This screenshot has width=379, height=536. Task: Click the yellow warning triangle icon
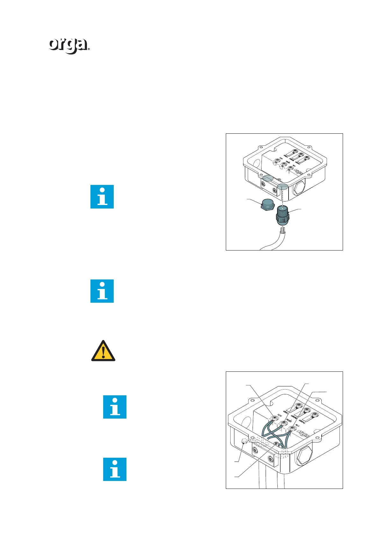pyautogui.click(x=103, y=351)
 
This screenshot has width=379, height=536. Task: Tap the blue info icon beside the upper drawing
pyautogui.click(x=102, y=197)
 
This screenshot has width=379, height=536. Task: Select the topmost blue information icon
pyautogui.click(x=102, y=197)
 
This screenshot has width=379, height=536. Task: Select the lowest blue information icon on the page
pyautogui.click(x=115, y=469)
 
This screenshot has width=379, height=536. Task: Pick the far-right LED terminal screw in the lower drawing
pyautogui.click(x=315, y=414)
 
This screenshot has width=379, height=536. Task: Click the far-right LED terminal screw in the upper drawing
pyautogui.click(x=307, y=158)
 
